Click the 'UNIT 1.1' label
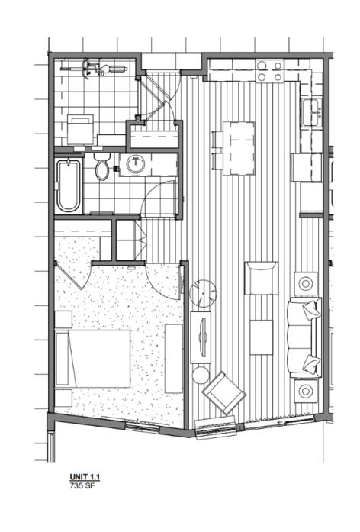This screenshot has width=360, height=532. [x=85, y=477]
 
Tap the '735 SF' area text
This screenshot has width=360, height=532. [x=82, y=485]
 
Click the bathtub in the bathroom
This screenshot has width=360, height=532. [x=69, y=185]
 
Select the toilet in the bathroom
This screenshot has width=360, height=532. [x=101, y=167]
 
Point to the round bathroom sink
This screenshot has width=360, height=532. [x=136, y=165]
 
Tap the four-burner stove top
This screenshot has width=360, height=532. [x=270, y=70]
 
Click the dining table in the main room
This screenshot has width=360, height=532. [x=239, y=148]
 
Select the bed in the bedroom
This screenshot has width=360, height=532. [x=93, y=359]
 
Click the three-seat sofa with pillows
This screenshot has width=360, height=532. [x=304, y=337]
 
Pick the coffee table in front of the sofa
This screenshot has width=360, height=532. [x=262, y=337]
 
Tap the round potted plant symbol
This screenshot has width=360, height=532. [x=203, y=294]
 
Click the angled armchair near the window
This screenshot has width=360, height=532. [x=224, y=393]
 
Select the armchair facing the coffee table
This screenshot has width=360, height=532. [x=261, y=278]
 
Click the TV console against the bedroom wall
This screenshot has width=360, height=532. [x=201, y=337]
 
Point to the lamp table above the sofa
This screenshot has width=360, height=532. [x=306, y=283]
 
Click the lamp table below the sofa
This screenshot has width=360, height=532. [x=306, y=392]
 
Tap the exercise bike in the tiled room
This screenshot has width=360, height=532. [x=95, y=69]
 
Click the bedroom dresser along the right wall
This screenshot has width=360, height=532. [x=174, y=359]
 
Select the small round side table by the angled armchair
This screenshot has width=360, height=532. [x=201, y=376]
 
